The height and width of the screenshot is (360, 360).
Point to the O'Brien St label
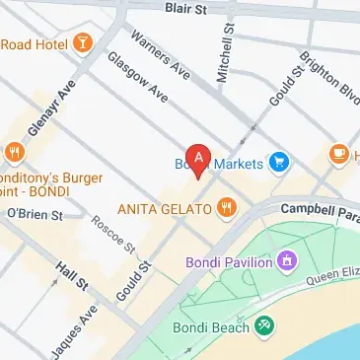click(34, 213)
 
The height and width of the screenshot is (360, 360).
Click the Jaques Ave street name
click(77, 329)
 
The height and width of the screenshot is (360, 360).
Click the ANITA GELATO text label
click(164, 208)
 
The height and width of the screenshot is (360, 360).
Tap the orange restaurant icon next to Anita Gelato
click(228, 207)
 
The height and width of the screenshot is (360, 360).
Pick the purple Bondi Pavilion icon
click(285, 261)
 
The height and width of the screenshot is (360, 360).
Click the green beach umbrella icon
click(264, 326)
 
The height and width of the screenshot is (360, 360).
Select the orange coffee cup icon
click(337, 154)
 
